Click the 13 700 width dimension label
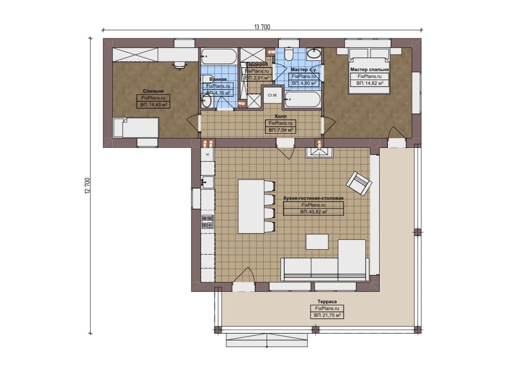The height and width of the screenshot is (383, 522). [x=262, y=27]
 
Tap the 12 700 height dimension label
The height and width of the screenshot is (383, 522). [x=87, y=186]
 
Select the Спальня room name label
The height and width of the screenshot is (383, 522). [x=153, y=91]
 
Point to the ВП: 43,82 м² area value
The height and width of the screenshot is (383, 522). [x=314, y=212]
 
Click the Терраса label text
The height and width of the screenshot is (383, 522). [x=327, y=301]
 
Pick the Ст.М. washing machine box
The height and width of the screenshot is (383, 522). [x=272, y=95]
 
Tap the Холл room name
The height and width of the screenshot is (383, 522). [x=280, y=116]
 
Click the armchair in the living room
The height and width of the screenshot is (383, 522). [x=359, y=184]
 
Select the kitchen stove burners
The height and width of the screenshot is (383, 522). [x=208, y=222]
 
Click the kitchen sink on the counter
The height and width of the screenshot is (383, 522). [x=208, y=182]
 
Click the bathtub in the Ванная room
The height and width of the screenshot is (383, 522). [x=219, y=56]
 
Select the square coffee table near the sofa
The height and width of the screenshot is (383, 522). [x=317, y=242]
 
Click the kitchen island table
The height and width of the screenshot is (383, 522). [x=251, y=206]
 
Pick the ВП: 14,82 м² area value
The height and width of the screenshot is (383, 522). [x=369, y=83]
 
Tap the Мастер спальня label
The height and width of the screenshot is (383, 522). [x=369, y=69]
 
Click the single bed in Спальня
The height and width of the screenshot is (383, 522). [x=136, y=128]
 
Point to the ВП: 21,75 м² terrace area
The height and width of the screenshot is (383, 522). [x=327, y=315]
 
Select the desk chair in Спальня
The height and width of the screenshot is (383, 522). [x=179, y=65]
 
